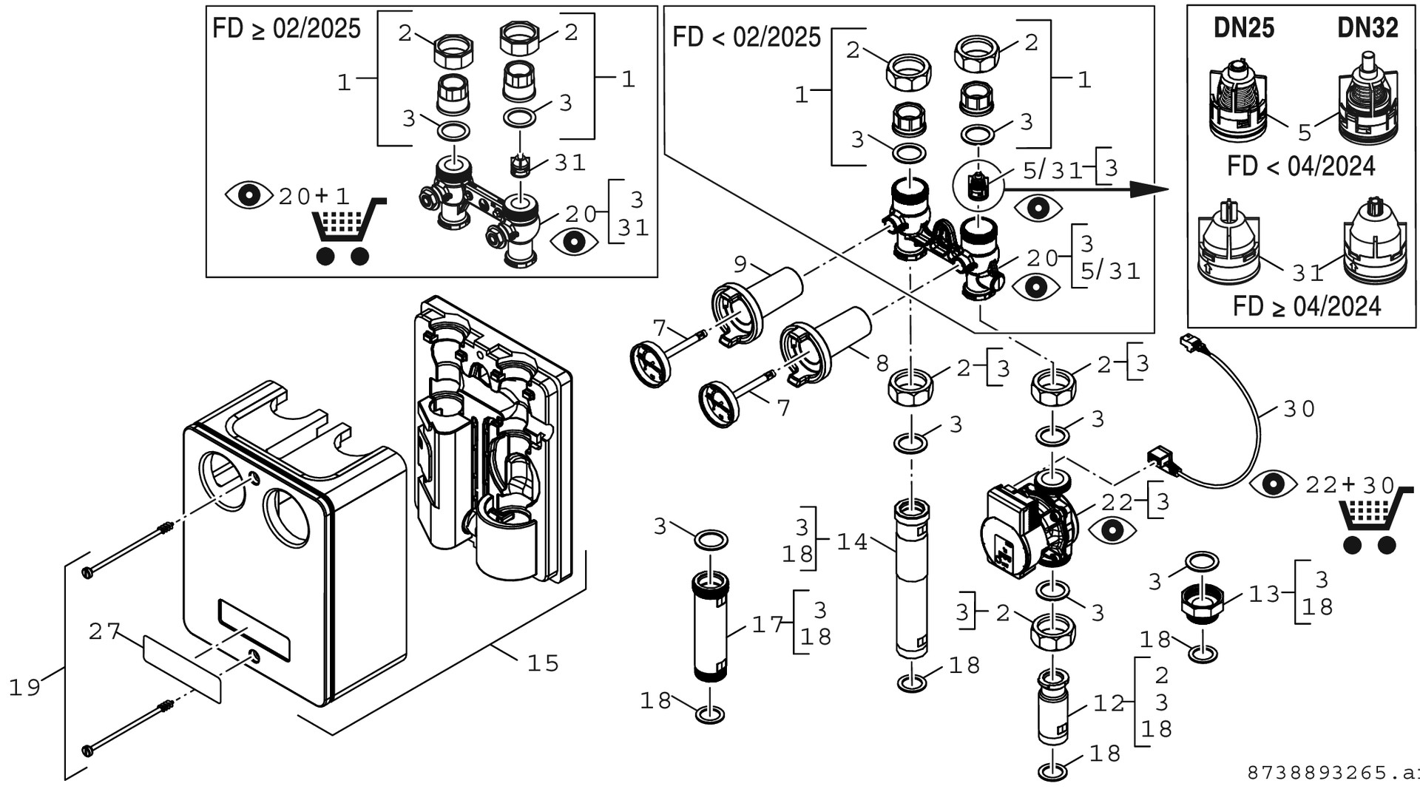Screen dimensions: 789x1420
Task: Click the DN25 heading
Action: point(1244,28)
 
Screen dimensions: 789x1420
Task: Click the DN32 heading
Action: point(1367,28)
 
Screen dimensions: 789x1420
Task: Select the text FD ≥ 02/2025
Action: point(286,29)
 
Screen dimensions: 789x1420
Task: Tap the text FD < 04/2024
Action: point(1301,166)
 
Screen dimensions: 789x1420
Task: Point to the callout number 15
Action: point(543,663)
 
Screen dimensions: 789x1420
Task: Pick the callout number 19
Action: point(24,687)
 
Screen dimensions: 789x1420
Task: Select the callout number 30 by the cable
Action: point(1299,409)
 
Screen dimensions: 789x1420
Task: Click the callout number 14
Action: point(852,542)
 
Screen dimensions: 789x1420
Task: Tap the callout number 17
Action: point(768,625)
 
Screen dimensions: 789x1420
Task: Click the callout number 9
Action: point(741,263)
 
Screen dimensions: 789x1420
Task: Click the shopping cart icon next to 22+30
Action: point(1367,526)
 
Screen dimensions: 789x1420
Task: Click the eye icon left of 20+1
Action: point(248,195)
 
